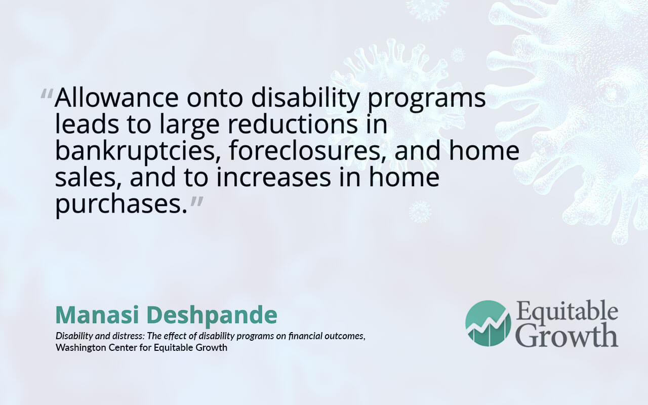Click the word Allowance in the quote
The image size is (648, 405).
pyautogui.click(x=116, y=98)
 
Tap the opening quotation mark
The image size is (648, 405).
pyautogui.click(x=47, y=94)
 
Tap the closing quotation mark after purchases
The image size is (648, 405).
pyautogui.click(x=197, y=201)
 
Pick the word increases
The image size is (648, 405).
pyautogui.click(x=273, y=177)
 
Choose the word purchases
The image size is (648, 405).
pyautogui.click(x=121, y=204)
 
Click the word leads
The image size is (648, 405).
pyautogui.click(x=87, y=125)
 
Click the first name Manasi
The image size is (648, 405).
pyautogui.click(x=97, y=315)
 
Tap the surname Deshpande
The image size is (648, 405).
pyautogui.click(x=212, y=315)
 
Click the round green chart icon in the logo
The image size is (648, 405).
pyautogui.click(x=488, y=323)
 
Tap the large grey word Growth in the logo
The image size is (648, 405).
pyautogui.click(x=568, y=335)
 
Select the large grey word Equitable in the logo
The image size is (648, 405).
pyautogui.click(x=567, y=311)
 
